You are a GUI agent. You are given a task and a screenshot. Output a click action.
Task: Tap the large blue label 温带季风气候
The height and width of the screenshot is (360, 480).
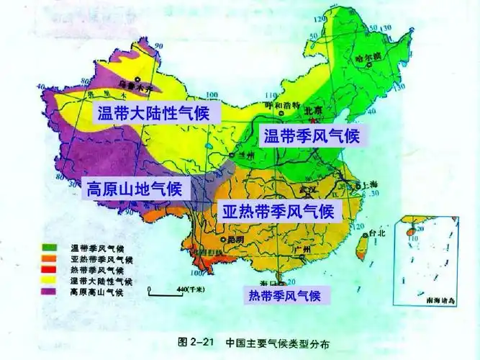[x=311, y=135]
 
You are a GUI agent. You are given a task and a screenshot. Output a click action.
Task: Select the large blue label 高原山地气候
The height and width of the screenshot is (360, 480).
[x=137, y=190]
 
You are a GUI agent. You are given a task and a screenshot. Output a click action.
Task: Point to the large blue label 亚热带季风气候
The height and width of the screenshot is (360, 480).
[x=278, y=212]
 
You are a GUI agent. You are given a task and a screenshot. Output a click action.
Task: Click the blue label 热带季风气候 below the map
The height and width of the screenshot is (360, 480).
[x=284, y=295]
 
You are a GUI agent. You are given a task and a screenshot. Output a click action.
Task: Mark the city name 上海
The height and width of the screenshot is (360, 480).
[x=372, y=185]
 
